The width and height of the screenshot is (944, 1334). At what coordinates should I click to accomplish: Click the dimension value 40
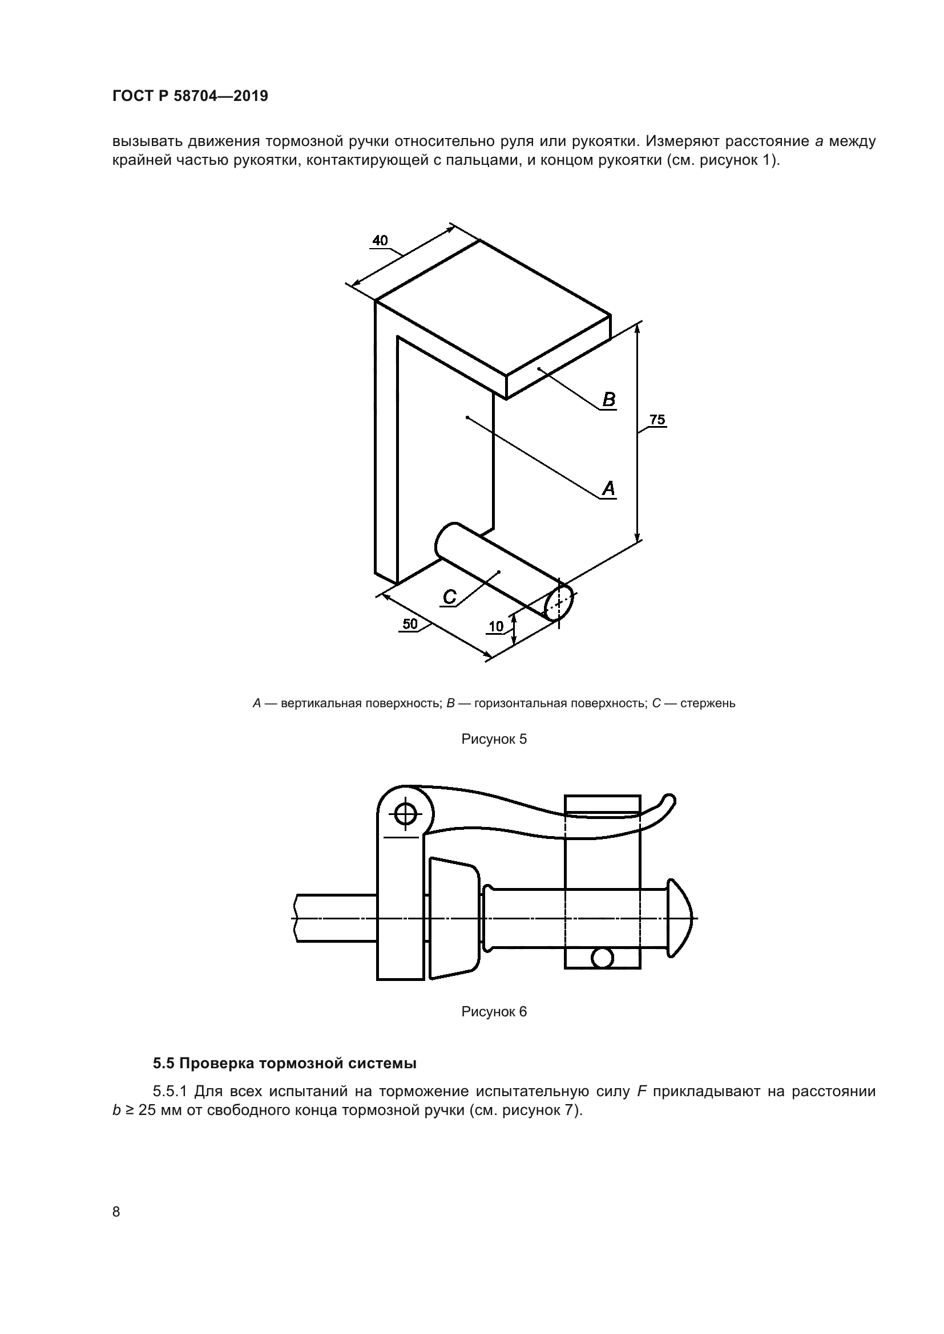click(x=380, y=241)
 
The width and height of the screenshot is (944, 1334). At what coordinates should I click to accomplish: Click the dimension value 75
click(x=657, y=420)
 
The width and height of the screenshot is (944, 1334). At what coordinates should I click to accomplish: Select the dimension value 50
click(x=410, y=624)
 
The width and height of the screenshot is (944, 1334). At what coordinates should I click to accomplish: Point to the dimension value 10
click(x=496, y=626)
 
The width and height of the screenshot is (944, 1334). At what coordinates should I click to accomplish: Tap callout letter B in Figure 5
click(x=608, y=400)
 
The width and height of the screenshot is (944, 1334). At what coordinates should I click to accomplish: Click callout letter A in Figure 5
click(x=608, y=488)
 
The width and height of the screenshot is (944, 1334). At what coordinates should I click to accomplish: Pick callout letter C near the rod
click(x=449, y=597)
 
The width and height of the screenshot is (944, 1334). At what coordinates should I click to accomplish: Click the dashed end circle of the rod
click(x=558, y=602)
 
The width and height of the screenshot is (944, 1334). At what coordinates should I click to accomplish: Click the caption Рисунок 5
click(x=494, y=739)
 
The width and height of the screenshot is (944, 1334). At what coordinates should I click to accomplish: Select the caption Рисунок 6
click(x=494, y=1012)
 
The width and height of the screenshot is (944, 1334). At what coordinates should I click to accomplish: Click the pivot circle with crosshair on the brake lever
click(x=405, y=814)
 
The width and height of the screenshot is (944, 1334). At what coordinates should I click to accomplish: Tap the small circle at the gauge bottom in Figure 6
click(x=602, y=957)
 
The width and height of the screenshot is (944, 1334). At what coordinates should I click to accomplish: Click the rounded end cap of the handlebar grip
click(x=681, y=918)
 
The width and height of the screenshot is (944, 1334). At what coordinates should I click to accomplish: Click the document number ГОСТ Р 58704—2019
click(x=191, y=96)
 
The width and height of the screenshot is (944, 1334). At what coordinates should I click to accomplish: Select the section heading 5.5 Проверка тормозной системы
click(x=285, y=1064)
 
